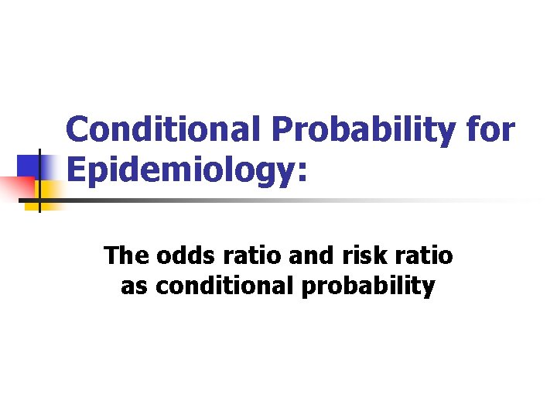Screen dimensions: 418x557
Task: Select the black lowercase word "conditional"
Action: (x=224, y=287)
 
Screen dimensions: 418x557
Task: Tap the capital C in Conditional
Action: (x=77, y=130)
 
